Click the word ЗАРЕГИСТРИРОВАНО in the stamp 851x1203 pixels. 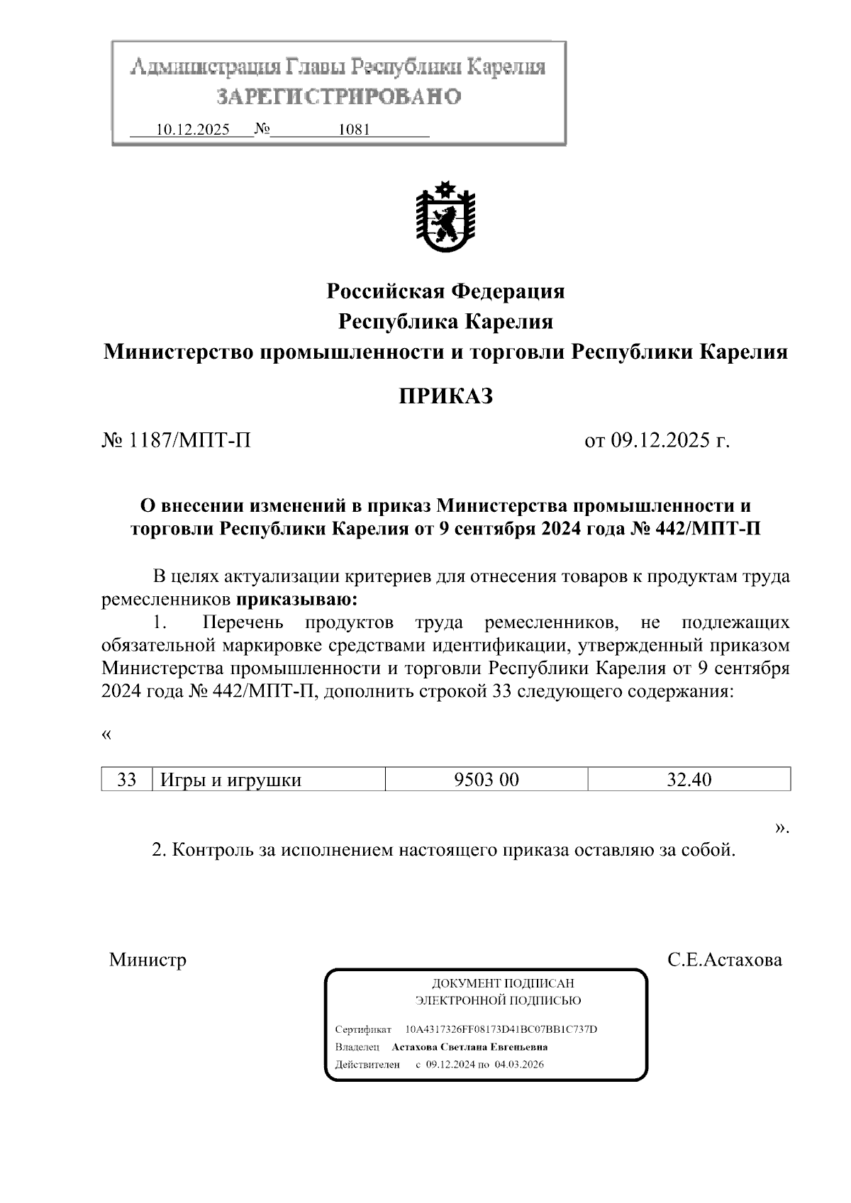pyautogui.click(x=339, y=96)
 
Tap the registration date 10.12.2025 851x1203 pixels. pyautogui.click(x=192, y=130)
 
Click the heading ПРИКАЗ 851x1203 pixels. pyautogui.click(x=445, y=396)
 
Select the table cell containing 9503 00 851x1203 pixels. pyautogui.click(x=486, y=780)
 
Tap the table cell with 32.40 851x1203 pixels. pyautogui.click(x=689, y=780)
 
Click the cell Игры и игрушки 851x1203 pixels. pyautogui.click(x=231, y=780)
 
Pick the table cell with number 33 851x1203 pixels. pyautogui.click(x=126, y=780)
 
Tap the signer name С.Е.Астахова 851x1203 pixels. pyautogui.click(x=725, y=960)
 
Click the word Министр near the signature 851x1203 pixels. pyautogui.click(x=148, y=960)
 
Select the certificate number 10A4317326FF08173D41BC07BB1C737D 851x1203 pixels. pyautogui.click(x=501, y=1029)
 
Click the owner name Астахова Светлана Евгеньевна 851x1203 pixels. pyautogui.click(x=469, y=1047)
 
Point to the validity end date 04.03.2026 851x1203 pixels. pyautogui.click(x=519, y=1065)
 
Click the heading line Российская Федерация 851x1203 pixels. pyautogui.click(x=445, y=291)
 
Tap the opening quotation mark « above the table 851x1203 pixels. pyautogui.click(x=106, y=734)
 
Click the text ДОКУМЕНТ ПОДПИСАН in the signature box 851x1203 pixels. pyautogui.click(x=503, y=983)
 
